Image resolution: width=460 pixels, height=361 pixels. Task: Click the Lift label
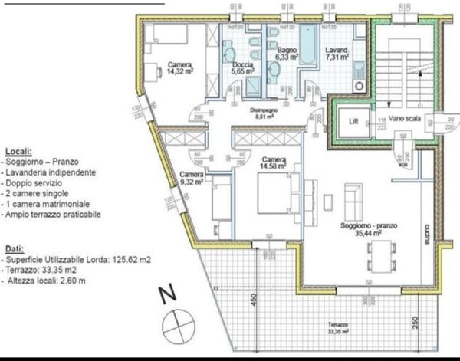[353, 121]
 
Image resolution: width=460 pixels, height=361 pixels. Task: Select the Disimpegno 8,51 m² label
[268, 114]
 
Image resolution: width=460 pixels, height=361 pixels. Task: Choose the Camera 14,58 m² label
[273, 162]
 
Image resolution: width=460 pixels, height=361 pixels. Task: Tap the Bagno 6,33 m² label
[287, 52]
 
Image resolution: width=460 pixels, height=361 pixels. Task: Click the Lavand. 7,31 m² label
[336, 53]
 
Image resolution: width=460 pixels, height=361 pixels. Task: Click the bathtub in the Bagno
[307, 45]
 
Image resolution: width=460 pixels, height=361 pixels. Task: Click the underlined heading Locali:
[18, 151]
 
